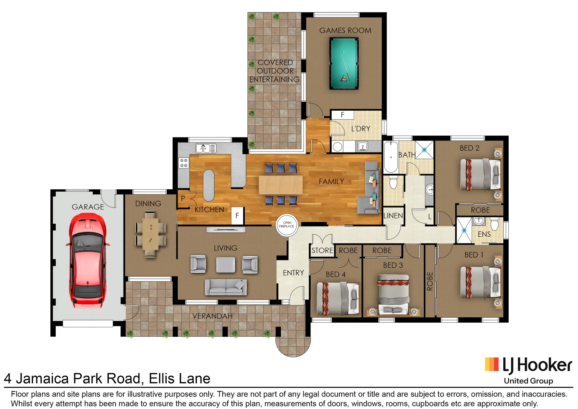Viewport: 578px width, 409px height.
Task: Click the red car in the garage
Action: (x=87, y=261)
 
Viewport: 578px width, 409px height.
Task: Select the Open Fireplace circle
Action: (x=287, y=225)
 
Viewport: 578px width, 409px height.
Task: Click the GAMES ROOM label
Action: (x=345, y=30)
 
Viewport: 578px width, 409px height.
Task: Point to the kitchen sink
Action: (x=206, y=148)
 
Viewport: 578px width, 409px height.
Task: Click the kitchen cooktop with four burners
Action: (x=184, y=163)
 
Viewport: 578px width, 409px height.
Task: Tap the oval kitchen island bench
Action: (x=209, y=185)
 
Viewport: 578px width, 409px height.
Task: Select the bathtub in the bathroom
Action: (x=390, y=157)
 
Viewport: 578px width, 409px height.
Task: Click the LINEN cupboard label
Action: (x=393, y=216)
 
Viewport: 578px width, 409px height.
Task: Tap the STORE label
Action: (x=322, y=250)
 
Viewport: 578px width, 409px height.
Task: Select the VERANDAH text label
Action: (x=212, y=316)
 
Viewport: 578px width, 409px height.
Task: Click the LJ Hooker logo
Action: (x=528, y=365)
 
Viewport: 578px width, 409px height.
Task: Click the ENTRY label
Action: (x=293, y=273)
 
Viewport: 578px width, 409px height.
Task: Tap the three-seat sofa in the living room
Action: (x=226, y=287)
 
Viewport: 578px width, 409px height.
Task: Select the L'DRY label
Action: (x=360, y=129)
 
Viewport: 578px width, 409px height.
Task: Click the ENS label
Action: (x=484, y=234)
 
